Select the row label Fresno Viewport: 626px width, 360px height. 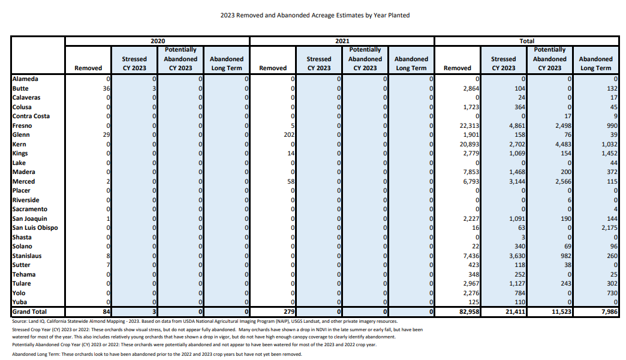[22, 125]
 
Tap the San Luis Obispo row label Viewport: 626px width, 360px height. [35, 228]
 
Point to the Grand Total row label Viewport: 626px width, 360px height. [29, 311]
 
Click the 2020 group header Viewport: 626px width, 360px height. [158, 41]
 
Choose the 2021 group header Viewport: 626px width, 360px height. [342, 41]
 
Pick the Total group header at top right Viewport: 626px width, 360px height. [526, 41]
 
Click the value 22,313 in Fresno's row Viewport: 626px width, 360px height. [469, 125]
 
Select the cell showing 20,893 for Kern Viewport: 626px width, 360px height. [469, 144]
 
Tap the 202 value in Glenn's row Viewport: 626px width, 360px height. [289, 134]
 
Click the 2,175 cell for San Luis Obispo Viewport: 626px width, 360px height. [609, 228]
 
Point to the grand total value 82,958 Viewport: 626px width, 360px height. [469, 311]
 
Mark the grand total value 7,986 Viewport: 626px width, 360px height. [609, 311]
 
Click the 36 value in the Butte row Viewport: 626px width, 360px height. [106, 88]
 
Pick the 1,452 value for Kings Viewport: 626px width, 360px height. [609, 154]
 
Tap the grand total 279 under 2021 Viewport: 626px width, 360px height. [289, 311]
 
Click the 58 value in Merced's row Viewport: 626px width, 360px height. [291, 181]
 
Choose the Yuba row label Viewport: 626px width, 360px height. [20, 302]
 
